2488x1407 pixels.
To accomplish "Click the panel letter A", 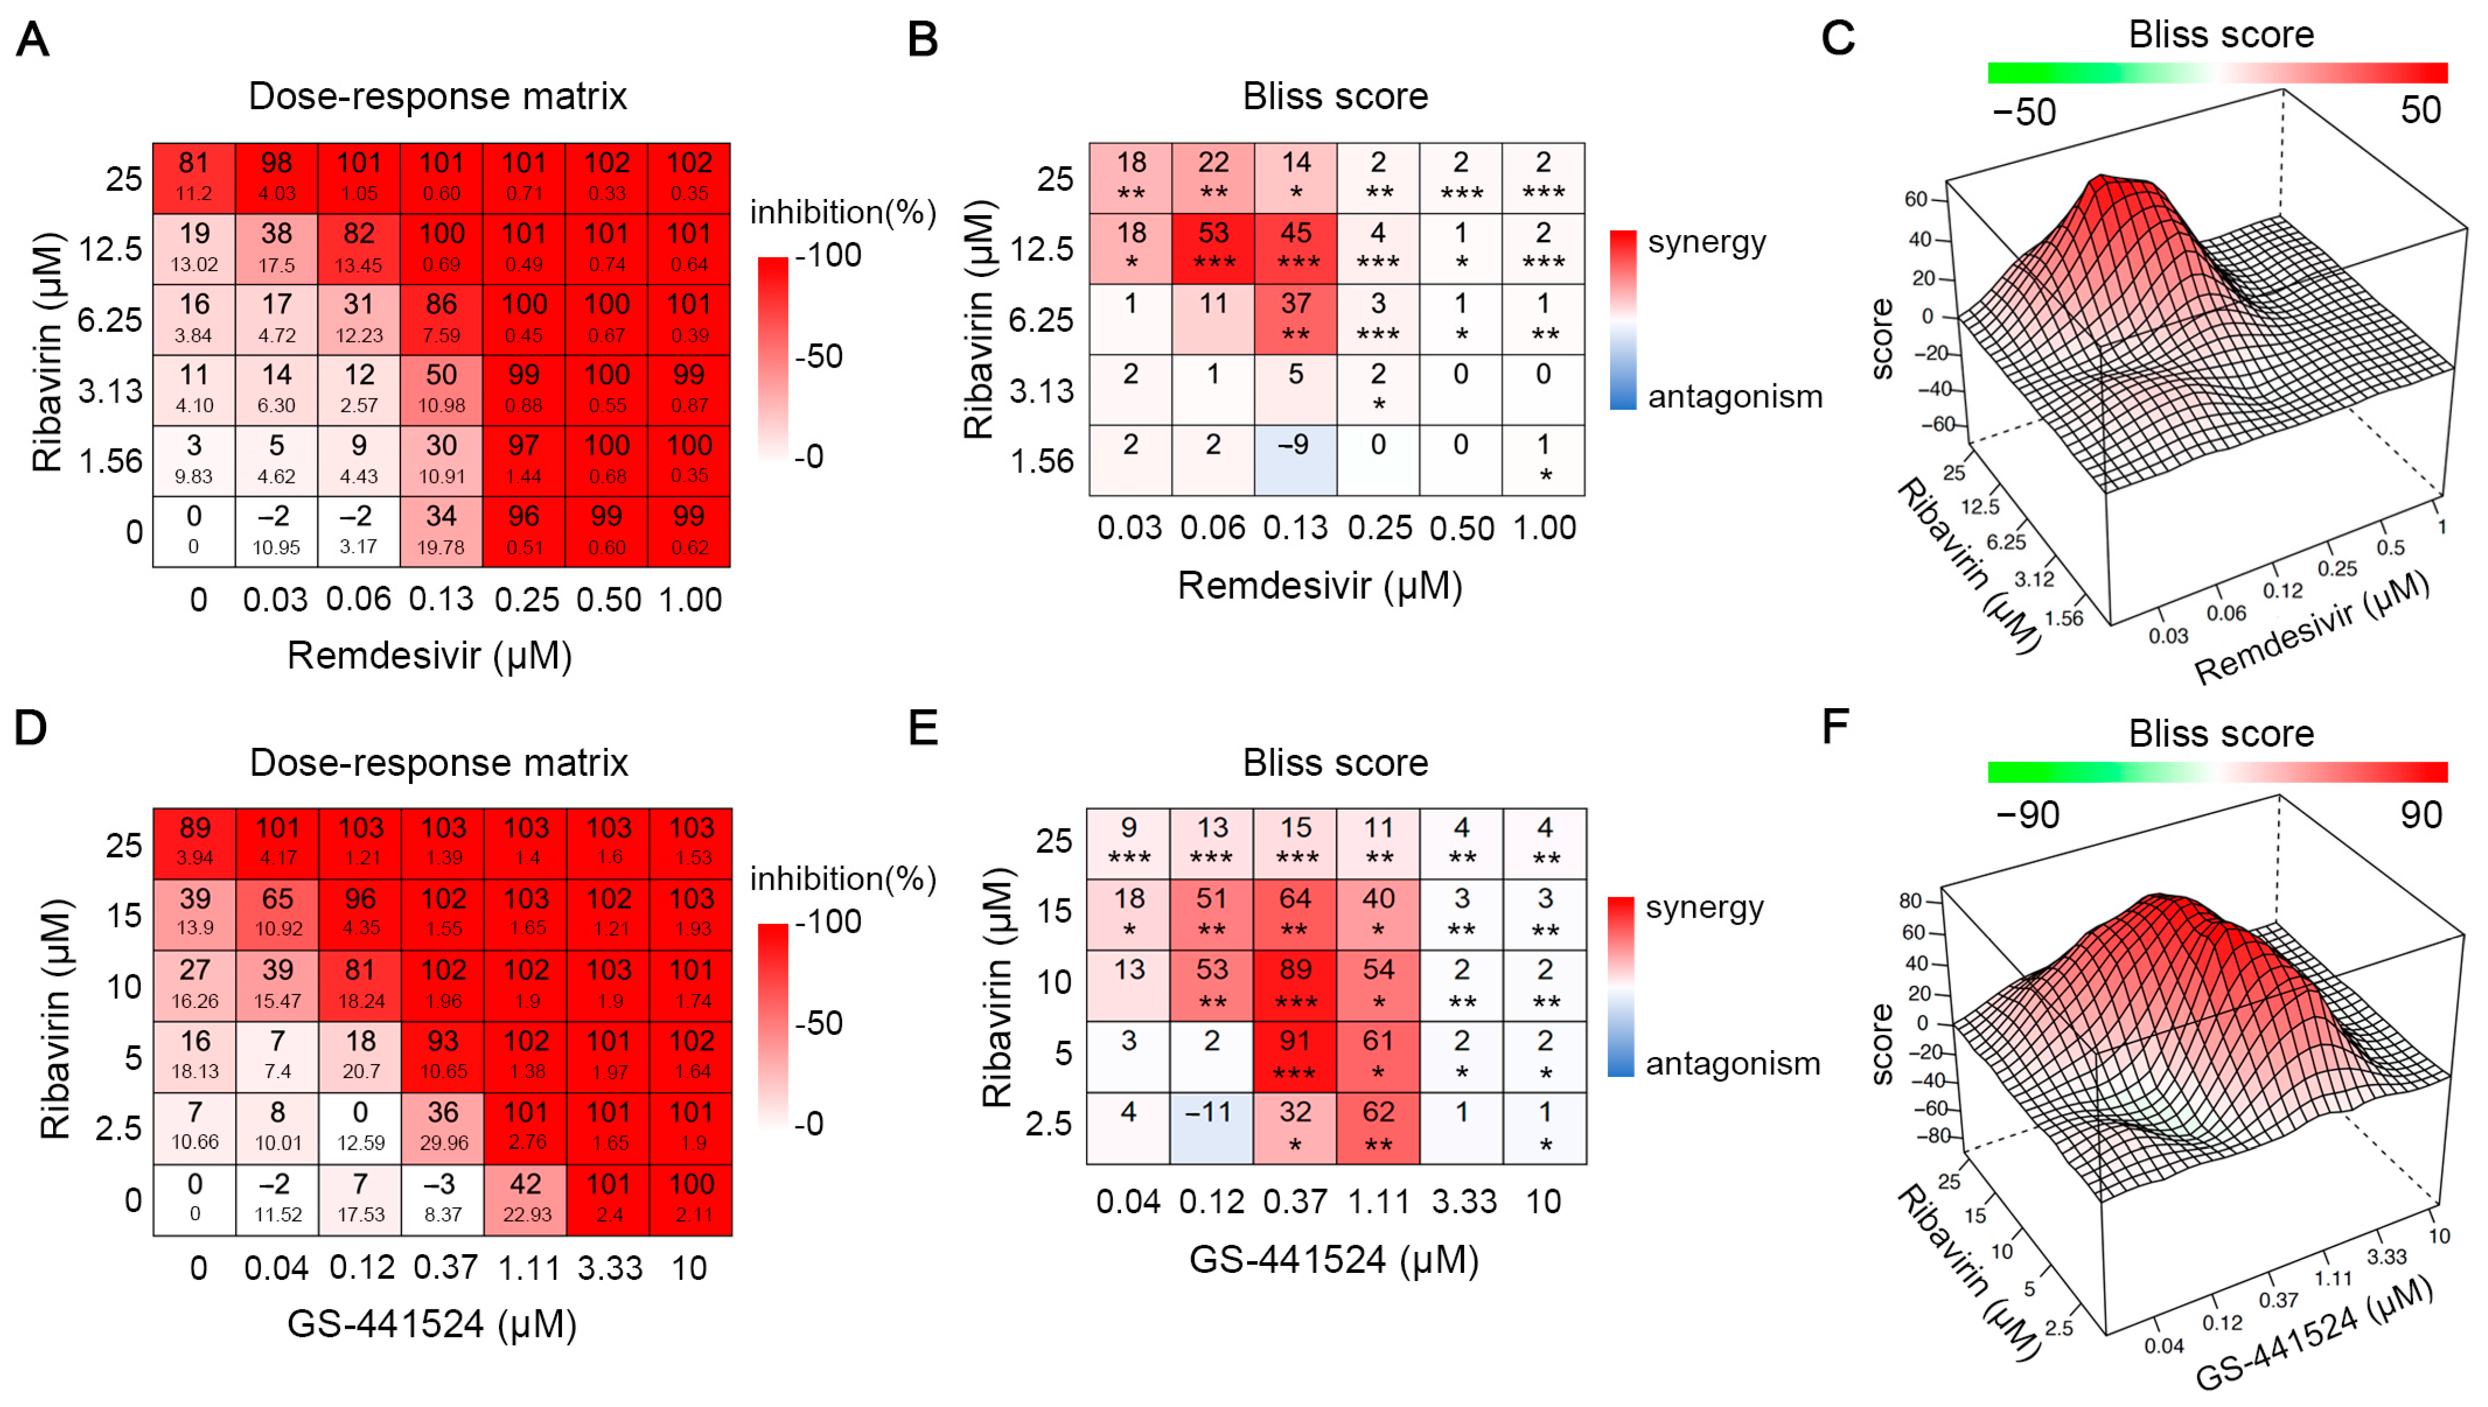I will pyautogui.click(x=33, y=41).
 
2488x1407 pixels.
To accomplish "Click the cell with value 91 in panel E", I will pyautogui.click(x=1295, y=1056).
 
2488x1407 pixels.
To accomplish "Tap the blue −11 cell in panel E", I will pyautogui.click(x=1211, y=1127).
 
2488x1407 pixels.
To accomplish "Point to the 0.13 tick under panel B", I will pyautogui.click(x=1295, y=527).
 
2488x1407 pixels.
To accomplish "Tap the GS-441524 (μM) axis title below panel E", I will pyautogui.click(x=1334, y=1259).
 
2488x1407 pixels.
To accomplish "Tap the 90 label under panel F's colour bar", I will pyautogui.click(x=2420, y=815).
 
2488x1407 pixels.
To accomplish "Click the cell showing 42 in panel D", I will pyautogui.click(x=526, y=1198).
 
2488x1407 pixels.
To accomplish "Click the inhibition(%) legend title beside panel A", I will pyautogui.click(x=843, y=212).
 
